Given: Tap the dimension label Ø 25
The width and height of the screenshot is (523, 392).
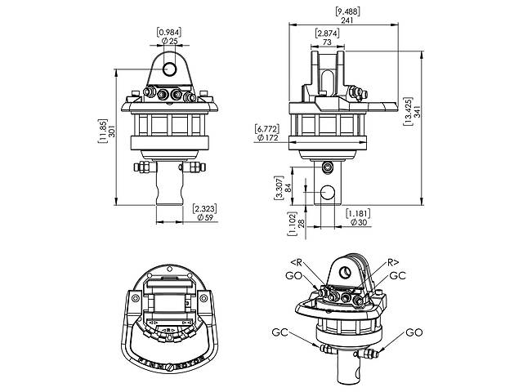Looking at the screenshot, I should (x=171, y=41).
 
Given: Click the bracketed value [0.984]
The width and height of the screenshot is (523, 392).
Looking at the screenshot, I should (x=171, y=31).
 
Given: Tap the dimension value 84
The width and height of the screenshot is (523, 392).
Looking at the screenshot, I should (x=288, y=189).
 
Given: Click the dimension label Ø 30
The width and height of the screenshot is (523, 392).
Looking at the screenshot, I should (x=356, y=223).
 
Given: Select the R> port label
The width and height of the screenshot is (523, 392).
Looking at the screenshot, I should (x=393, y=262).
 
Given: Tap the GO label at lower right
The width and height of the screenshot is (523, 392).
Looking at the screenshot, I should (x=414, y=333).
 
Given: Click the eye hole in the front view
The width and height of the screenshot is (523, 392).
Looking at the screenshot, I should (x=170, y=65).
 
